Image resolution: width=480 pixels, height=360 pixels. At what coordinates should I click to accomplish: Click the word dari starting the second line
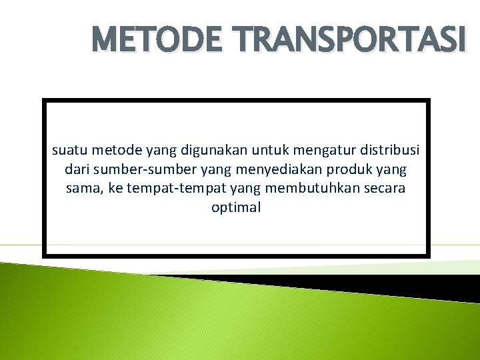tap(78, 169)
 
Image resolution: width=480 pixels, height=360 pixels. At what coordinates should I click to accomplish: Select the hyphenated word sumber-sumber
tap(135, 169)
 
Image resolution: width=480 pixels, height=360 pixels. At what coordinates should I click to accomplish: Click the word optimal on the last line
tap(236, 207)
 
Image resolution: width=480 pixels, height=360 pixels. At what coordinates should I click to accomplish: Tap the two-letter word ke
tap(115, 188)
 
